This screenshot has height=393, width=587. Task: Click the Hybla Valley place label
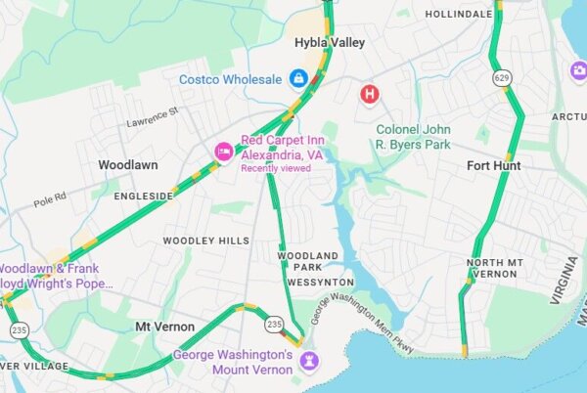(x=330, y=43)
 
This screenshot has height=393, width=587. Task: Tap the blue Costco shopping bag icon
(x=299, y=77)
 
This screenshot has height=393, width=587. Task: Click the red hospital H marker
(x=370, y=94)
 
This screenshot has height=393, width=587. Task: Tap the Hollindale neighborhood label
(x=457, y=15)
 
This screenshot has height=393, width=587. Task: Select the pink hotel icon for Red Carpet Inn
(x=224, y=152)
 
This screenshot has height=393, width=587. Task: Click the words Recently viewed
(x=276, y=168)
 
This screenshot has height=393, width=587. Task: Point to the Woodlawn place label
(x=128, y=166)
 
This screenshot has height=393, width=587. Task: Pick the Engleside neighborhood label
(x=143, y=196)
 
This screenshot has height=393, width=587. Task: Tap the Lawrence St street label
(x=153, y=118)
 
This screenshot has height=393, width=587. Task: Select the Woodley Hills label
(x=205, y=240)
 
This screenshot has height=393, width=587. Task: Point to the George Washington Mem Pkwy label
(x=363, y=325)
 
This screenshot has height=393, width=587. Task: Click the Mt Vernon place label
(x=164, y=326)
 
